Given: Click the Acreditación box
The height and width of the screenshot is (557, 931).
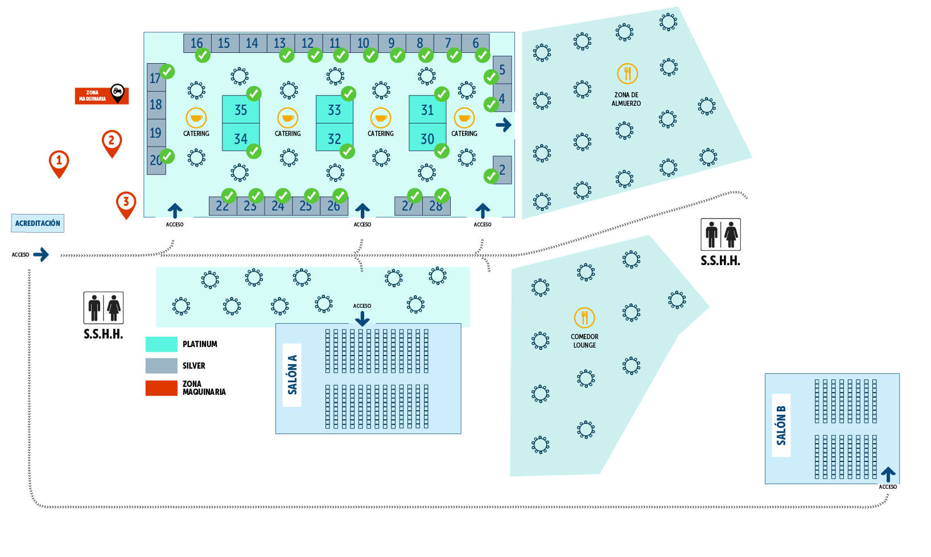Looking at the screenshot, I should (x=38, y=223).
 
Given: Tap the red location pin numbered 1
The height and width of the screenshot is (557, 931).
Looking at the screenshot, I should (x=59, y=162).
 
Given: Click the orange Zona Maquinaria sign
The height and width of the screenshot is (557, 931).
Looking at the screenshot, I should (x=94, y=96).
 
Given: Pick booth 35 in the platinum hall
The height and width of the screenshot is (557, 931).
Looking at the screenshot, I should (x=241, y=109).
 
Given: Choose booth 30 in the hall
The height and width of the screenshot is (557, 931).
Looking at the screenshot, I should (x=427, y=138).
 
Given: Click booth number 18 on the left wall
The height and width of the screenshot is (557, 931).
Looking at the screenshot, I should (x=156, y=105).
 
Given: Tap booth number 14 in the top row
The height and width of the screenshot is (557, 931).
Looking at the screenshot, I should (x=252, y=43).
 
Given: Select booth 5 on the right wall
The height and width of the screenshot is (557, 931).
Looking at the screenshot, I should (x=502, y=69).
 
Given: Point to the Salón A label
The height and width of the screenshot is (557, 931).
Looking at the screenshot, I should (x=292, y=374).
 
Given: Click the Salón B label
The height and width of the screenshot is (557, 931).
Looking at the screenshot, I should (x=781, y=425).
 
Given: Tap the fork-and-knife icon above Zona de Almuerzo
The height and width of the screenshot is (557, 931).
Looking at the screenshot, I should (x=627, y=73).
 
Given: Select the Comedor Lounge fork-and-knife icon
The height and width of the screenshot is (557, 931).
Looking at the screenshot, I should (x=584, y=317).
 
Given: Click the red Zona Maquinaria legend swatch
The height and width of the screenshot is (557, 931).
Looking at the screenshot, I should (x=161, y=388).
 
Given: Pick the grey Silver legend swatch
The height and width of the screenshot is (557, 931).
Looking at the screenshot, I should (x=161, y=365).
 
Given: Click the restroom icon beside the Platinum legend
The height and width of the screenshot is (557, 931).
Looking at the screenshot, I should (x=103, y=308).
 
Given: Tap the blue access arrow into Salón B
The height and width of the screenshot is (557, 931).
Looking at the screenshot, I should (x=888, y=475).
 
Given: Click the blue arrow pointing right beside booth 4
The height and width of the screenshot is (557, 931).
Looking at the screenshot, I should (x=503, y=125).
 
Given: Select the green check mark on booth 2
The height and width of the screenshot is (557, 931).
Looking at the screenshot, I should (x=491, y=176).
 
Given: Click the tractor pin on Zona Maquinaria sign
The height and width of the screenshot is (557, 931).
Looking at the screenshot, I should (x=117, y=91).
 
